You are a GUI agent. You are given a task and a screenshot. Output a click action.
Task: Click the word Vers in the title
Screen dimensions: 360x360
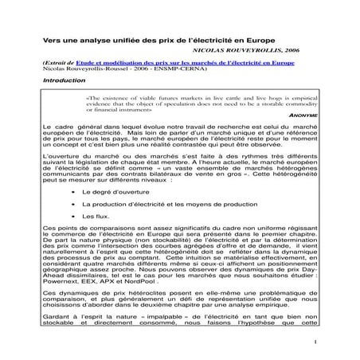51,39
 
